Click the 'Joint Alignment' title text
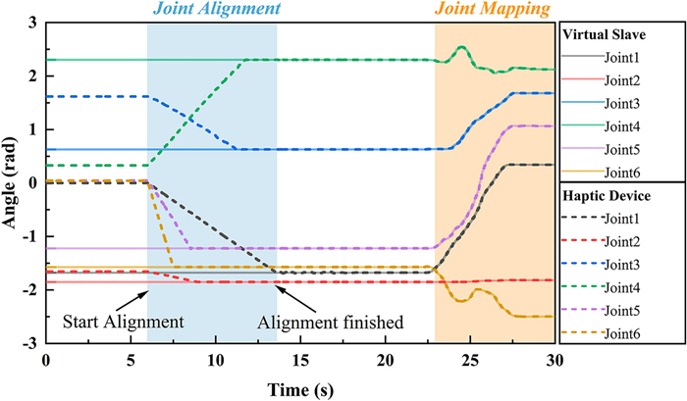click(211, 11)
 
